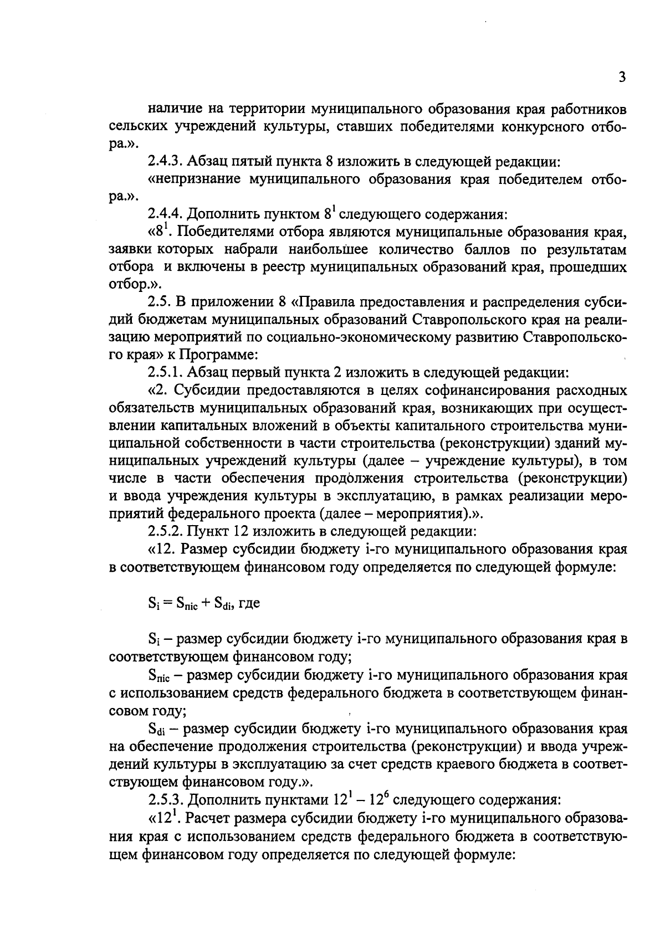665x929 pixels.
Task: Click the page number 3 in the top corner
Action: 622,77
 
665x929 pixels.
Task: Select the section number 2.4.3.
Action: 165,162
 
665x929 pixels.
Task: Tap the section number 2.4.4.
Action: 165,214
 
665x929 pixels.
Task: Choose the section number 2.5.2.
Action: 165,532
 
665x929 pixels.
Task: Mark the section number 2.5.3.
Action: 165,800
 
